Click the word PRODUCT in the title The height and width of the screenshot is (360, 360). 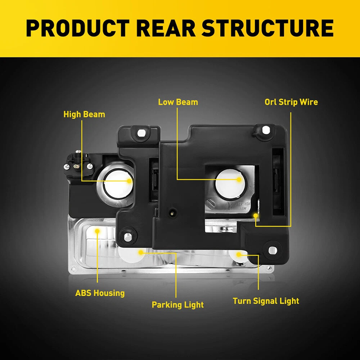tap(78, 28)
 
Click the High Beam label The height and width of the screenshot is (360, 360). tap(84, 114)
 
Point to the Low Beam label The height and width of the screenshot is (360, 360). tap(178, 102)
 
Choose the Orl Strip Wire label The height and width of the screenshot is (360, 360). tap(291, 102)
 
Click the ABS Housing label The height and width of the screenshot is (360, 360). tap(100, 293)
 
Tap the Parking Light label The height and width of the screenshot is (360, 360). tap(177, 305)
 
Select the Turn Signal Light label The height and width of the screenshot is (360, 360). tap(266, 301)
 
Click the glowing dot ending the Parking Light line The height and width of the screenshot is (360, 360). tap(141, 252)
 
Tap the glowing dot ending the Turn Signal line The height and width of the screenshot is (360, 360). tap(238, 255)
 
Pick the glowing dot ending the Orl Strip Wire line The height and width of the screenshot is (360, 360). tap(256, 215)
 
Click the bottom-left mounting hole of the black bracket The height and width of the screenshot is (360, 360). tap(127, 237)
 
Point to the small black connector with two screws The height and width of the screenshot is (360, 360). tap(78, 165)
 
